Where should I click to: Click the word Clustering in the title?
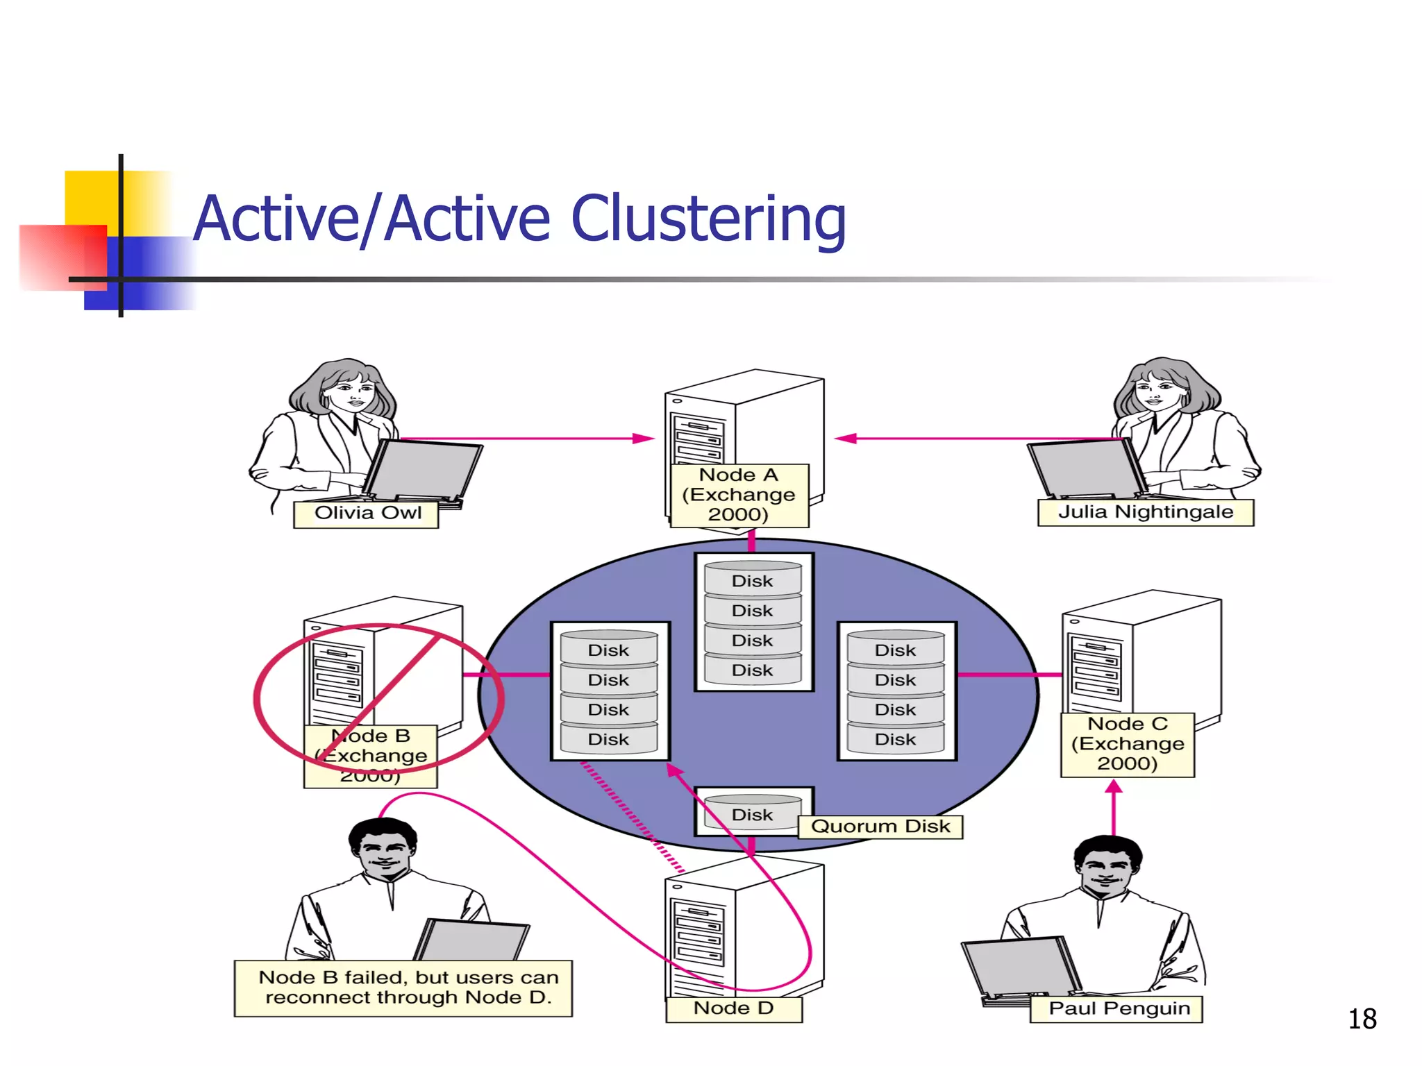click(708, 219)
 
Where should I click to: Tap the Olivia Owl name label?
click(366, 514)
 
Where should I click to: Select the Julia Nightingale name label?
click(1145, 513)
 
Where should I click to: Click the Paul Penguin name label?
click(1117, 1009)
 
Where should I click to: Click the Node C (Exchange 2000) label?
click(1127, 744)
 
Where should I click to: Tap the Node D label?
click(733, 1009)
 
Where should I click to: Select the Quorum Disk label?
click(880, 827)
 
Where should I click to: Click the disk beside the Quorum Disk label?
click(752, 813)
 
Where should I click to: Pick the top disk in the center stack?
click(752, 579)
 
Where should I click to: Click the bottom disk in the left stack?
click(608, 738)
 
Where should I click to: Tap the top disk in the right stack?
click(895, 649)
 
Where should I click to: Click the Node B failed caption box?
click(403, 988)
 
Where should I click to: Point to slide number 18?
click(1362, 1020)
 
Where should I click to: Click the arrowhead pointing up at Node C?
click(1114, 787)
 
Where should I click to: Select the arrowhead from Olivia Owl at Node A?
click(644, 439)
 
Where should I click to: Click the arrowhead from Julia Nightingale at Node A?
click(845, 439)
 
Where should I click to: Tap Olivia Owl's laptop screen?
click(422, 470)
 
